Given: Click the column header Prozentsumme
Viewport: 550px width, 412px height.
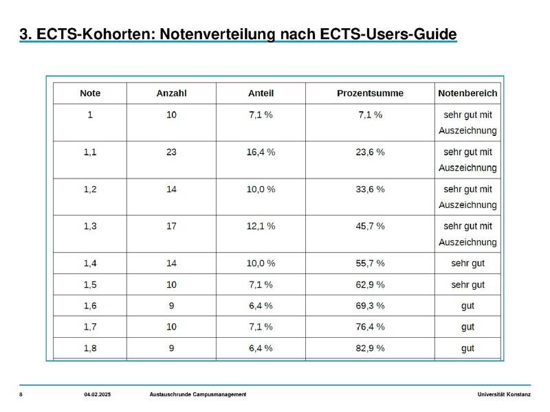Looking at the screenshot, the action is point(370,93).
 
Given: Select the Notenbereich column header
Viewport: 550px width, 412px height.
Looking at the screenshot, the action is point(467,93).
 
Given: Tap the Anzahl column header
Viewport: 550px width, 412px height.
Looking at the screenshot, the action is point(171,93).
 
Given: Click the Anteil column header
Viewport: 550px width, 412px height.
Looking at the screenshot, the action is point(261,93).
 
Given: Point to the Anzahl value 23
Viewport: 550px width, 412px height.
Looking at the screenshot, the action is point(171,152).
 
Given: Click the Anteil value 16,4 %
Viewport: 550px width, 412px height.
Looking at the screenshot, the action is point(261,152).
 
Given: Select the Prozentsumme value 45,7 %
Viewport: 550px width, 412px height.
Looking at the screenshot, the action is point(370,226).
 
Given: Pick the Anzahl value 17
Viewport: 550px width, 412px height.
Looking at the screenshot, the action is point(171,226).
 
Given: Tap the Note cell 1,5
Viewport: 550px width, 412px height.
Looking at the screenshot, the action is point(90,284).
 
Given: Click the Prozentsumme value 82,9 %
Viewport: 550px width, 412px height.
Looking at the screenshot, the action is point(370,348).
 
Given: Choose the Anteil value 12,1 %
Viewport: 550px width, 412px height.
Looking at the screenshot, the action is point(261,226).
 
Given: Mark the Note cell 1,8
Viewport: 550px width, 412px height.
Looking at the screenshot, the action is point(90,348).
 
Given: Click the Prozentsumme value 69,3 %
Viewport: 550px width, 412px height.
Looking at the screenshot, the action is point(370,306).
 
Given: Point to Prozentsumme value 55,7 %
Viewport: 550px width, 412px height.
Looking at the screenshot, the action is point(370,263).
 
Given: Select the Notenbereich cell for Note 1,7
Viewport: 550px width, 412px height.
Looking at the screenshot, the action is point(467,328).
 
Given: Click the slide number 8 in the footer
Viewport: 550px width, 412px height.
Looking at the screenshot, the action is point(21,394).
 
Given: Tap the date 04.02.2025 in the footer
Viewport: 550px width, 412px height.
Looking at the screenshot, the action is point(97,394).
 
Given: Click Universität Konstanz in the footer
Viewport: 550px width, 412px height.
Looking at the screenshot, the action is point(504,394).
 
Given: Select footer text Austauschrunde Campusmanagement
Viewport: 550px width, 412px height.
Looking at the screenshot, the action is point(198,394).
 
